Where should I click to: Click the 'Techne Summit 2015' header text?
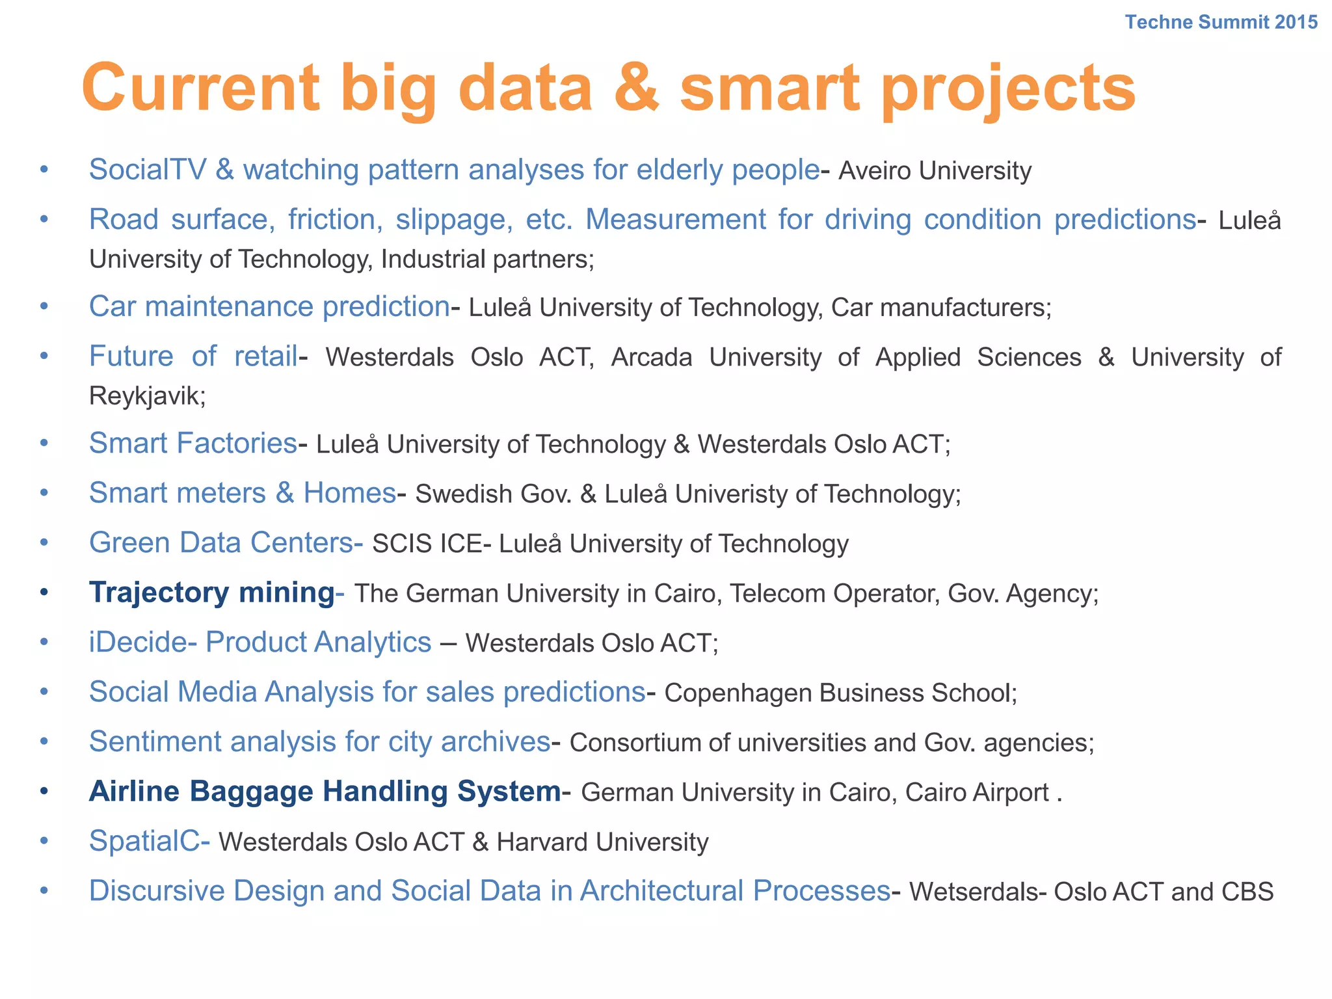[1221, 22]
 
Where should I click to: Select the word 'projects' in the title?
[1007, 89]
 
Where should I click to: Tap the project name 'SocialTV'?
[148, 170]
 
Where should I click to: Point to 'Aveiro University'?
[935, 171]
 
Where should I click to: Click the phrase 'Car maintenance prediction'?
[269, 306]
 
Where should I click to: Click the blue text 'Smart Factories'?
[193, 444]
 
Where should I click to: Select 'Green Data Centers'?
[221, 543]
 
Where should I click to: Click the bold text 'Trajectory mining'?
[212, 593]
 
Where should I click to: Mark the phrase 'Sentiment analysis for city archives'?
[320, 742]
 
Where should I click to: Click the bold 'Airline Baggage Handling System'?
[325, 792]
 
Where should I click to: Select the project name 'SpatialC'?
[144, 841]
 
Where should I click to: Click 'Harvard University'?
[602, 842]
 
